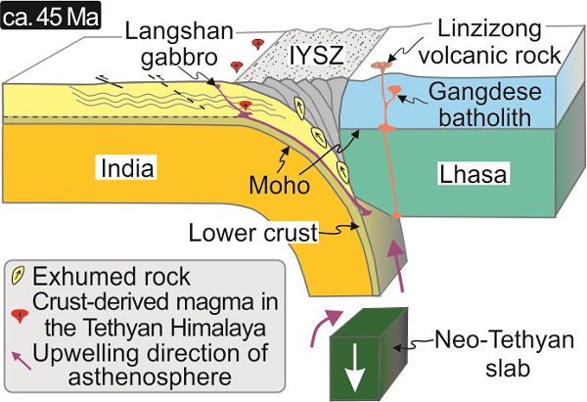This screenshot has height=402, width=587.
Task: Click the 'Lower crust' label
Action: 257,232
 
